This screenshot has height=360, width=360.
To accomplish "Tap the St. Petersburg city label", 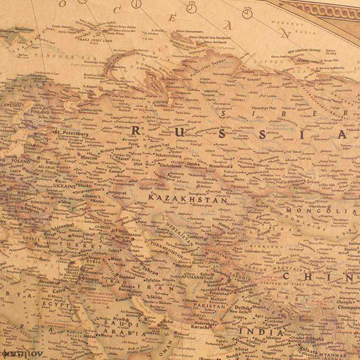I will point(72,133).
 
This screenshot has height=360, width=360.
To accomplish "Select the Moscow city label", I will point(89,158).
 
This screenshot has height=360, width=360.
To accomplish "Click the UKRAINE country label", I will point(64,185).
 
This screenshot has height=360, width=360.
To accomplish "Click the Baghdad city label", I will point(115,277).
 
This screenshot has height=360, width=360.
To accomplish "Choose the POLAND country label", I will point(21,161).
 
